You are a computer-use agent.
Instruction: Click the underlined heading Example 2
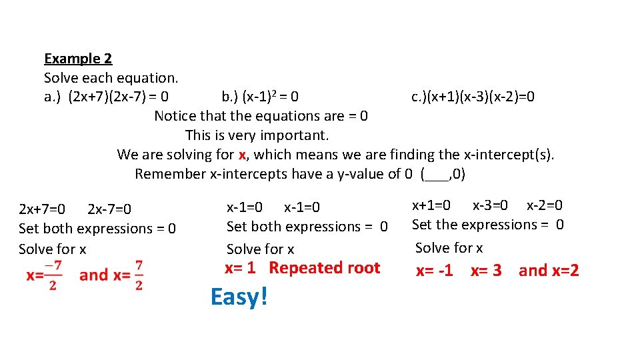(78, 59)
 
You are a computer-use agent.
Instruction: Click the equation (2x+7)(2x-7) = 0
(117, 97)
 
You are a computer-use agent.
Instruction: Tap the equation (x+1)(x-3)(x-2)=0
(473, 97)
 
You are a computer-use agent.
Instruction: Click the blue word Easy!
(239, 297)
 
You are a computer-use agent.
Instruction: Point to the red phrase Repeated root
(325, 268)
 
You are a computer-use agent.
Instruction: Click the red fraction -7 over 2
(53, 275)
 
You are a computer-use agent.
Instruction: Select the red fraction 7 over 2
(139, 275)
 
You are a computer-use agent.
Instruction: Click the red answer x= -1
(435, 271)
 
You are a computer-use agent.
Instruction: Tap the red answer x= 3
(486, 271)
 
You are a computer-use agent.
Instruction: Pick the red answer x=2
(565, 270)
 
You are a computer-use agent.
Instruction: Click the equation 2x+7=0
(42, 209)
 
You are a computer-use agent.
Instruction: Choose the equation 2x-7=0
(109, 209)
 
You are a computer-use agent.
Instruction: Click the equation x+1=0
(431, 205)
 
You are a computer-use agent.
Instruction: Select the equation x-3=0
(490, 205)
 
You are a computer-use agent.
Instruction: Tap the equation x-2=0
(545, 205)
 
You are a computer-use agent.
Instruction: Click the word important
(297, 135)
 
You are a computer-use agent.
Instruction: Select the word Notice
(175, 116)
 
